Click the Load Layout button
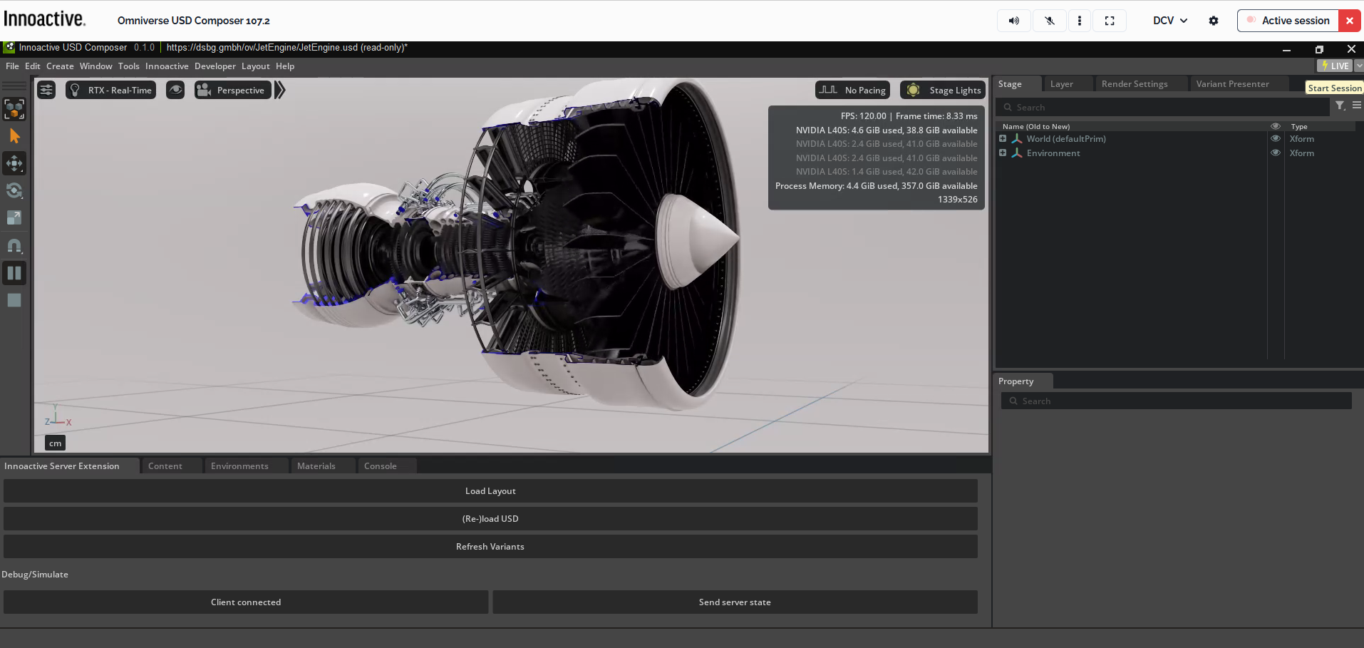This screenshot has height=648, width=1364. pyautogui.click(x=490, y=491)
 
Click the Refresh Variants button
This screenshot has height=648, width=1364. pyautogui.click(x=490, y=547)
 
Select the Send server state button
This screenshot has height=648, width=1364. pyautogui.click(x=735, y=602)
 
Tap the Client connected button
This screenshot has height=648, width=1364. pyautogui.click(x=246, y=602)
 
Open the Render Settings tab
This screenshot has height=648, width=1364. pyautogui.click(x=1135, y=84)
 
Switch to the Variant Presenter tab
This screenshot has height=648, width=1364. pyautogui.click(x=1232, y=84)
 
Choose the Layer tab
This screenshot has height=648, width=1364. pyautogui.click(x=1061, y=84)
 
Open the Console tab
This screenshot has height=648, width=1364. pyautogui.click(x=380, y=466)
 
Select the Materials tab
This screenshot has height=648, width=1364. pyautogui.click(x=316, y=466)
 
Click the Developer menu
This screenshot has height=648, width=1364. pyautogui.click(x=215, y=66)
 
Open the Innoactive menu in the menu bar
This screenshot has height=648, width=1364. pyautogui.click(x=167, y=66)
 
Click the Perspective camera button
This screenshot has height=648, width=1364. pyautogui.click(x=233, y=91)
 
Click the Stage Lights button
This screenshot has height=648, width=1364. pyautogui.click(x=944, y=91)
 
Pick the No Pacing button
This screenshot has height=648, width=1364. pyautogui.click(x=853, y=91)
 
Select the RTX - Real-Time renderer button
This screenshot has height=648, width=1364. pyautogui.click(x=111, y=91)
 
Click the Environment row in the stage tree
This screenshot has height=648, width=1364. pyautogui.click(x=1053, y=153)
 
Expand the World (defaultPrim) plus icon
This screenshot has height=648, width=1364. pyautogui.click(x=1003, y=139)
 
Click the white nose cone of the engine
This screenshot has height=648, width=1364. pyautogui.click(x=695, y=240)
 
